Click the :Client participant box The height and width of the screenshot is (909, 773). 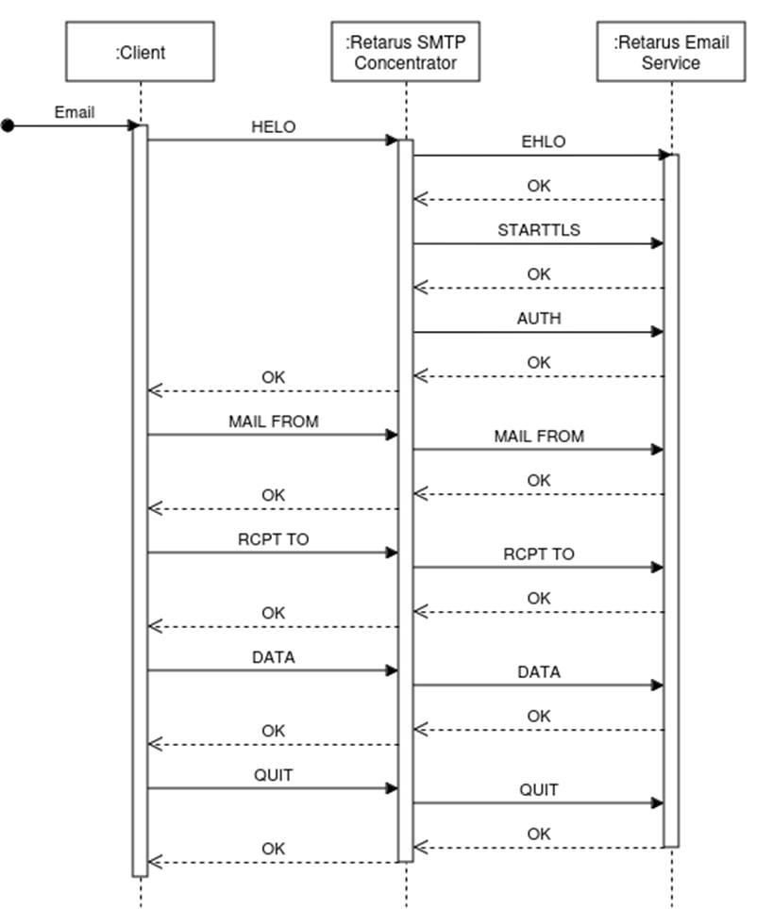(x=140, y=52)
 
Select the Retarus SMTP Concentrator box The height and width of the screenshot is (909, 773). (x=405, y=52)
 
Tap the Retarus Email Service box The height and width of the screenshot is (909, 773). (x=671, y=52)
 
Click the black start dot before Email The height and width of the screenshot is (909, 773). (x=8, y=125)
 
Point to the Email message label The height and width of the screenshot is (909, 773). (x=74, y=112)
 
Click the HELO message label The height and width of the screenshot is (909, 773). (x=273, y=127)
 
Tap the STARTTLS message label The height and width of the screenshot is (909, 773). (x=539, y=230)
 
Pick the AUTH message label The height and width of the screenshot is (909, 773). (x=539, y=319)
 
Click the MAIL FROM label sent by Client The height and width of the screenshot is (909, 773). (x=273, y=421)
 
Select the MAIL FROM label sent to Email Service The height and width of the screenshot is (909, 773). (x=539, y=437)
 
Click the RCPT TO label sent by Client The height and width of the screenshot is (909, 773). (x=273, y=539)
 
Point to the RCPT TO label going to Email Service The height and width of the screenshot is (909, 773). (x=539, y=554)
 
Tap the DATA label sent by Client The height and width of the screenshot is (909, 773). (x=273, y=657)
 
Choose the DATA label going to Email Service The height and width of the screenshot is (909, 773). (x=539, y=672)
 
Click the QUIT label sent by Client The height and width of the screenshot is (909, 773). (x=273, y=775)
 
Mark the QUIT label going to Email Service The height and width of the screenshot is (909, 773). (x=539, y=790)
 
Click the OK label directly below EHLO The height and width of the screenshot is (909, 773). (x=539, y=186)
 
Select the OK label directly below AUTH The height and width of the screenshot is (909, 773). (x=539, y=362)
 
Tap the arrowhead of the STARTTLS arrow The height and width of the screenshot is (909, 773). (x=658, y=243)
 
